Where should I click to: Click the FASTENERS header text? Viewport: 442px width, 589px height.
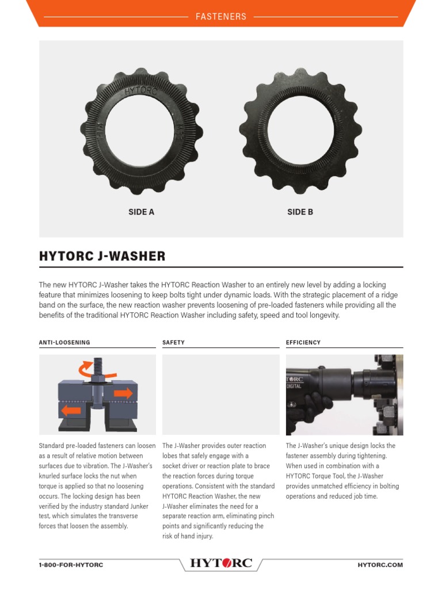pyautogui.click(x=221, y=17)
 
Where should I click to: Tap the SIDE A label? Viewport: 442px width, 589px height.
pyautogui.click(x=141, y=212)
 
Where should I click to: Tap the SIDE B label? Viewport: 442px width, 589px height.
pyautogui.click(x=300, y=212)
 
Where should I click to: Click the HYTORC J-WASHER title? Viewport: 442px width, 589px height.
pyautogui.click(x=102, y=257)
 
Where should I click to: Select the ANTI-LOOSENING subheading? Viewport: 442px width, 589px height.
pyautogui.click(x=64, y=342)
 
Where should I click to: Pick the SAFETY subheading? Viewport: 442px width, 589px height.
pyautogui.click(x=173, y=342)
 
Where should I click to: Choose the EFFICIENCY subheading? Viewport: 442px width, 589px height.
pyautogui.click(x=303, y=342)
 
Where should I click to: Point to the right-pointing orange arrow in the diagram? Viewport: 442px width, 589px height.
pyautogui.click(x=122, y=393)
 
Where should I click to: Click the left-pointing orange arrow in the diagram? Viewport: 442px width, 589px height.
pyautogui.click(x=72, y=411)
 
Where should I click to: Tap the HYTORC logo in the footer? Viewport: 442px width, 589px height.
pyautogui.click(x=221, y=564)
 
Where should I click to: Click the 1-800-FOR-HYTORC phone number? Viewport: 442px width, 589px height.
pyautogui.click(x=71, y=565)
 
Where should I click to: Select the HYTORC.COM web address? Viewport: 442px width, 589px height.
pyautogui.click(x=380, y=565)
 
